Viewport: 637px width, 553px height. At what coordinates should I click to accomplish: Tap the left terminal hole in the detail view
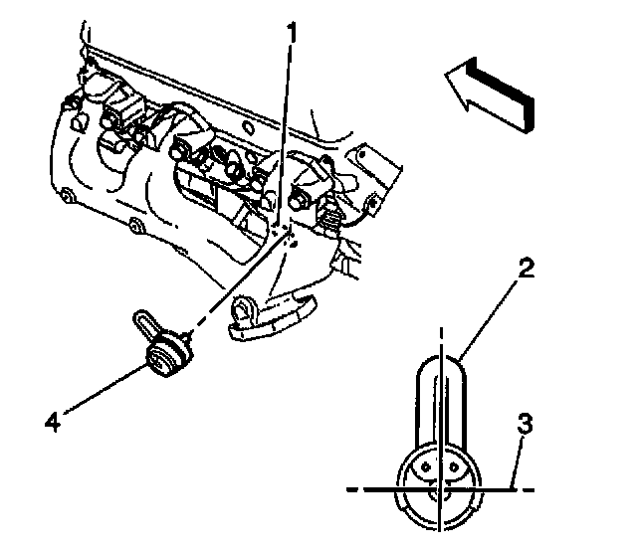pos(425,466)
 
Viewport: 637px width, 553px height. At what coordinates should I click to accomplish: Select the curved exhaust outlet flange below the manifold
pos(271,316)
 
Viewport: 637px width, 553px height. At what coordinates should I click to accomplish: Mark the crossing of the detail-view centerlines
pos(440,489)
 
